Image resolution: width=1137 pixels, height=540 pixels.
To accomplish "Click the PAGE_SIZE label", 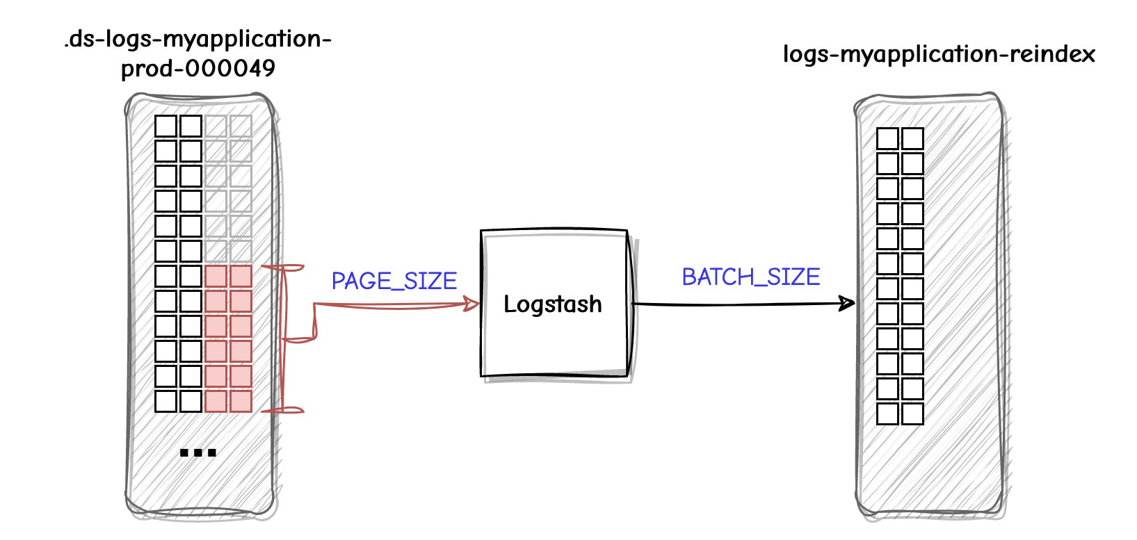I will coord(394,281).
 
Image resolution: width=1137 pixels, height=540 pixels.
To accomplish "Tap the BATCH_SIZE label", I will coord(750,277).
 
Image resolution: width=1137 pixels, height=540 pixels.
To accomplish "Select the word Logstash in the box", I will coord(552,304).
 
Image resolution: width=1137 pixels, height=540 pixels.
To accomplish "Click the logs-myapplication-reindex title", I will coord(938,54).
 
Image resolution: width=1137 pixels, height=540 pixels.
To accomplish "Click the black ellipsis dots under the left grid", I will coord(198,453).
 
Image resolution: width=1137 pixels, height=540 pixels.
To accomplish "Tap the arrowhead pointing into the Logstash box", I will coord(472,304).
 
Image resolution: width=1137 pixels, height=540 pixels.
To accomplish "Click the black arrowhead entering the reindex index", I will coord(846,303).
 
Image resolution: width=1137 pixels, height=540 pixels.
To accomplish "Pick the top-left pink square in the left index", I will coord(216,277).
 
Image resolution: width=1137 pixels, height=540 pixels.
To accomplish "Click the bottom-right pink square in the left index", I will coord(241,401).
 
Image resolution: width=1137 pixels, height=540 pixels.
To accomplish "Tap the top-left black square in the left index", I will coord(166,126).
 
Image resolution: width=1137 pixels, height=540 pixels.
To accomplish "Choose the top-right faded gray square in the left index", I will coord(241,126).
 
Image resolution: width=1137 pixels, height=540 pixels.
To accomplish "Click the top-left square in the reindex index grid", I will coord(887,139).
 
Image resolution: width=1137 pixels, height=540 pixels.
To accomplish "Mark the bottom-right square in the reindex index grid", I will coord(912,414).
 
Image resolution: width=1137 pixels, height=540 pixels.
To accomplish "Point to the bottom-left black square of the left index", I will coord(166,401).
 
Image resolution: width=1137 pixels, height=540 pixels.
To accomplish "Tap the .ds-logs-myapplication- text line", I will coord(197,39).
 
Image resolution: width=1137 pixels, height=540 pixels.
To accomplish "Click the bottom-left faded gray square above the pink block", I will coord(216,251).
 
